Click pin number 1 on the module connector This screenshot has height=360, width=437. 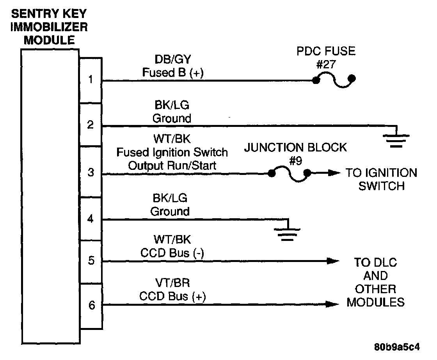[91, 80]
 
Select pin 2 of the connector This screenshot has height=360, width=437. [91, 125]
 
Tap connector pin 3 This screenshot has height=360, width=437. [91, 172]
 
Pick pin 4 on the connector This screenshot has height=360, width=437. [91, 219]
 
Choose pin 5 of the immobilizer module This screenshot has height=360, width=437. [91, 260]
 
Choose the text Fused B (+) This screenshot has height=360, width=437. [172, 73]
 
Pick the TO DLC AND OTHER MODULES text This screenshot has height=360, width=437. [375, 282]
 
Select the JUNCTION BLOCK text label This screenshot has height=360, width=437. [295, 148]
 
